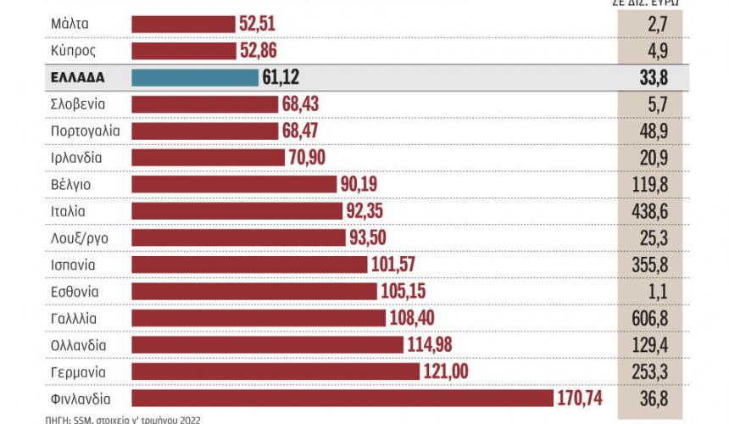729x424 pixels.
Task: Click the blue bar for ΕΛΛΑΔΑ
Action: click(x=195, y=77)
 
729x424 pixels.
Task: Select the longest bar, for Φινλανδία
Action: click(x=342, y=399)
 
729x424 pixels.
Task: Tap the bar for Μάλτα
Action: click(x=183, y=24)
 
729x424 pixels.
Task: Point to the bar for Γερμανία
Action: click(x=275, y=371)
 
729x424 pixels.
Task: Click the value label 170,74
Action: click(x=583, y=399)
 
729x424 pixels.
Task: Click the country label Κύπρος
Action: click(x=73, y=51)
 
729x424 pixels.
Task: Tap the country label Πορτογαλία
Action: click(x=86, y=131)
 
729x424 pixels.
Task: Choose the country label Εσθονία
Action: click(x=75, y=292)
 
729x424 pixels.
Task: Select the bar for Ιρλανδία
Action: click(x=209, y=158)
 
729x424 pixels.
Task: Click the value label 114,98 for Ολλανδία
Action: click(x=431, y=345)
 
